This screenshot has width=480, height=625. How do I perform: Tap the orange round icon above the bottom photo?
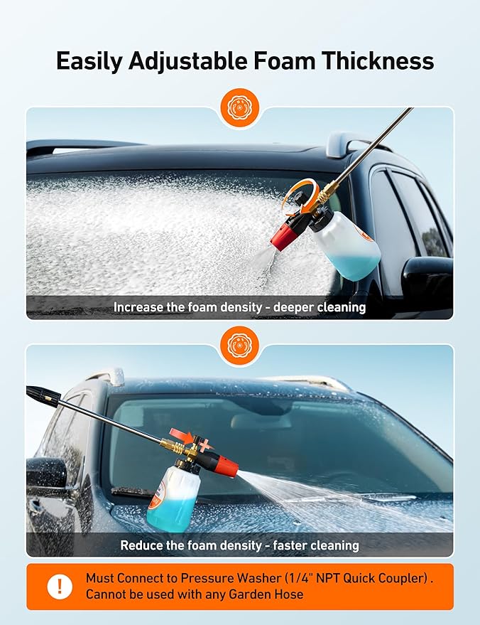pyautogui.click(x=240, y=346)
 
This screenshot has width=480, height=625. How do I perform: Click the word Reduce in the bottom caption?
pyautogui.click(x=140, y=545)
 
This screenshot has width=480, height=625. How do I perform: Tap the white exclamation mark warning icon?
pyautogui.click(x=60, y=587)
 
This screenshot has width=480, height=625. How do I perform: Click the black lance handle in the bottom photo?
pyautogui.click(x=43, y=396)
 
